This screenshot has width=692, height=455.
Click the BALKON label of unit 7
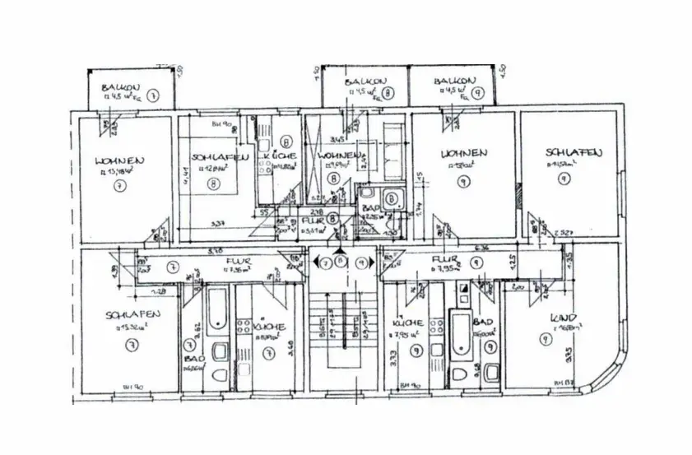(119, 87)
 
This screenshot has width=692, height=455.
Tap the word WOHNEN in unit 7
(120, 160)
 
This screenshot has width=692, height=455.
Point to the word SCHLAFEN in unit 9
(574, 152)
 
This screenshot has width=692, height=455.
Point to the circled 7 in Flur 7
(174, 267)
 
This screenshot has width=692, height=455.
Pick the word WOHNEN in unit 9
(464, 153)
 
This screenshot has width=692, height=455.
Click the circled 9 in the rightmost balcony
(476, 93)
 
